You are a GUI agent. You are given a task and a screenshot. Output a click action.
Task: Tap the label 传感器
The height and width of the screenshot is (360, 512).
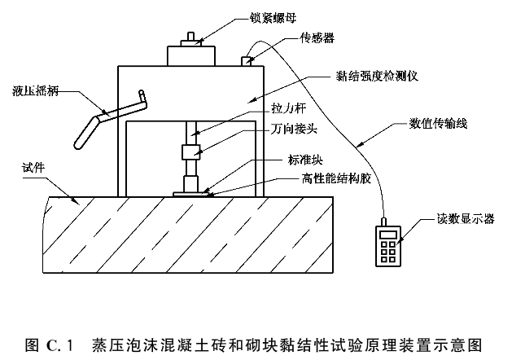tap(317, 37)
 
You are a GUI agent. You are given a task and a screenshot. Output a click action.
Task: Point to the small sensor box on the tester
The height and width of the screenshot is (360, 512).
tap(246, 60)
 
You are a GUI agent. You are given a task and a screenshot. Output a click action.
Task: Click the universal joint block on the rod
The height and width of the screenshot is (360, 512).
tap(192, 152)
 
